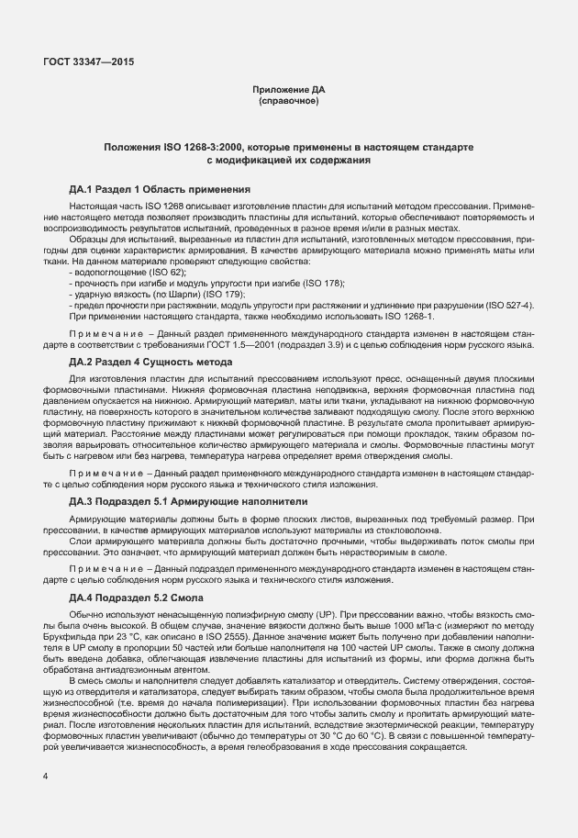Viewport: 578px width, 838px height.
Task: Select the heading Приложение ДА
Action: (x=288, y=89)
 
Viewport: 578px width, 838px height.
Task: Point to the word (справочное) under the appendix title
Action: (x=288, y=100)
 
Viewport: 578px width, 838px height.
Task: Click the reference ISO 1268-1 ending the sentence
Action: (x=406, y=316)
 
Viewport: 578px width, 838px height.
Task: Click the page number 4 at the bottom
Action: (x=45, y=777)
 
